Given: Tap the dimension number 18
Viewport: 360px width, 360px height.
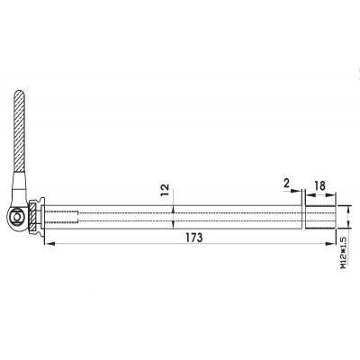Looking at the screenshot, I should [320, 186].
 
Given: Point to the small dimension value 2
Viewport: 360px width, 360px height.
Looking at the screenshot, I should [286, 186].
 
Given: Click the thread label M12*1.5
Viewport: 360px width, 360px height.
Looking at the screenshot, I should [345, 251].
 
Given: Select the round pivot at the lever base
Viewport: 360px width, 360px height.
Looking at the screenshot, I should [17, 215].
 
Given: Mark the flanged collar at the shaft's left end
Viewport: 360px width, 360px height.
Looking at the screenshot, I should [40, 217].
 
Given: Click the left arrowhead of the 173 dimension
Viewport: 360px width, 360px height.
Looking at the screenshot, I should [45, 246].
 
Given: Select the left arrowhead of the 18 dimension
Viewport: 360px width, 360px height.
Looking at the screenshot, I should [308, 198].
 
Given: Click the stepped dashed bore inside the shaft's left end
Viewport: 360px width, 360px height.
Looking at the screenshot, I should [63, 217].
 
